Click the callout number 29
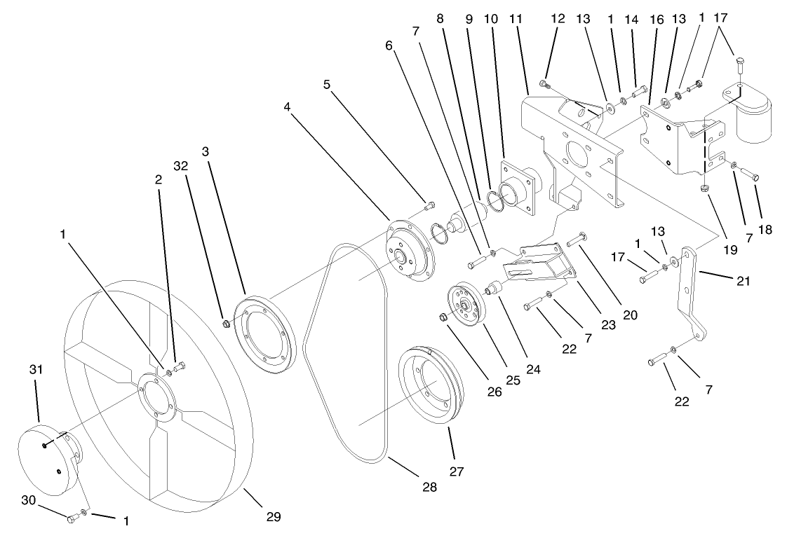(x=273, y=517)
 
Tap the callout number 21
(x=744, y=282)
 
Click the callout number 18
(x=765, y=230)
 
